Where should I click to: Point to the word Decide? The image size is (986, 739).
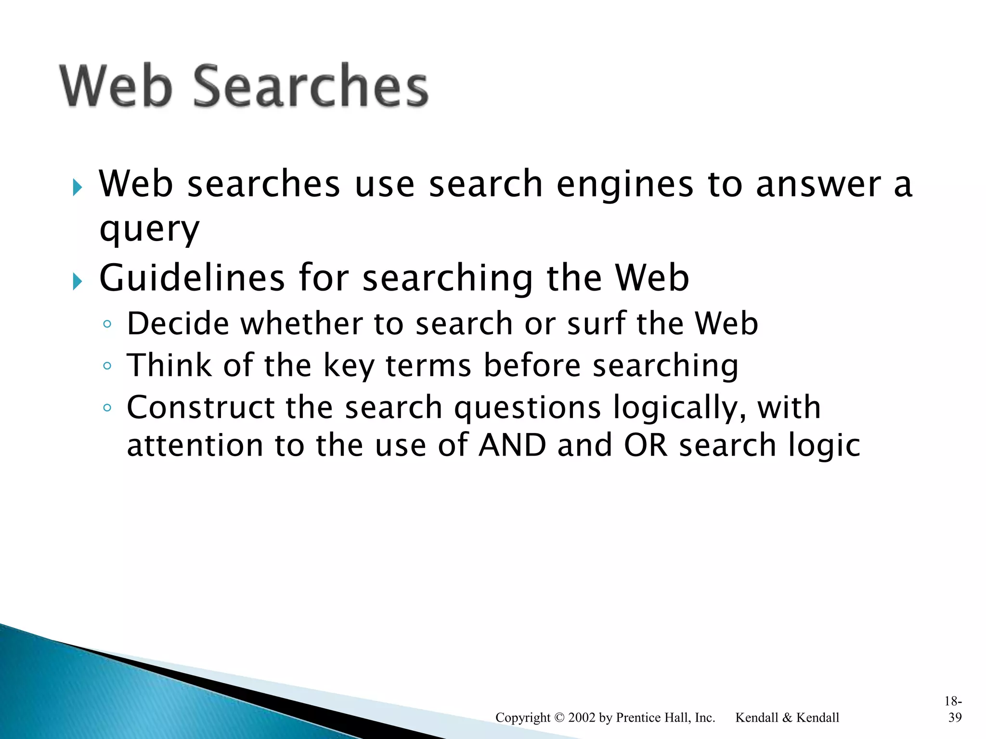[178, 323]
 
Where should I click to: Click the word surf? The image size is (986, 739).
[597, 323]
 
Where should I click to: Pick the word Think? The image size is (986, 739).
[169, 365]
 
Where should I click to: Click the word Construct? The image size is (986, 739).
[200, 408]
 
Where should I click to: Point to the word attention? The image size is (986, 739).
[195, 446]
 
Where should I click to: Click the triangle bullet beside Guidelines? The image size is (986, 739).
[78, 281]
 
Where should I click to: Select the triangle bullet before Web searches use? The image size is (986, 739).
[78, 187]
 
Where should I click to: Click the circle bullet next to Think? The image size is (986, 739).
[107, 366]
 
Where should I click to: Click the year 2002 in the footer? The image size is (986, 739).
[582, 718]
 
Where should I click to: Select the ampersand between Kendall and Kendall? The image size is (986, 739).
[787, 718]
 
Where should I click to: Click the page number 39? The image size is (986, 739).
[955, 718]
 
